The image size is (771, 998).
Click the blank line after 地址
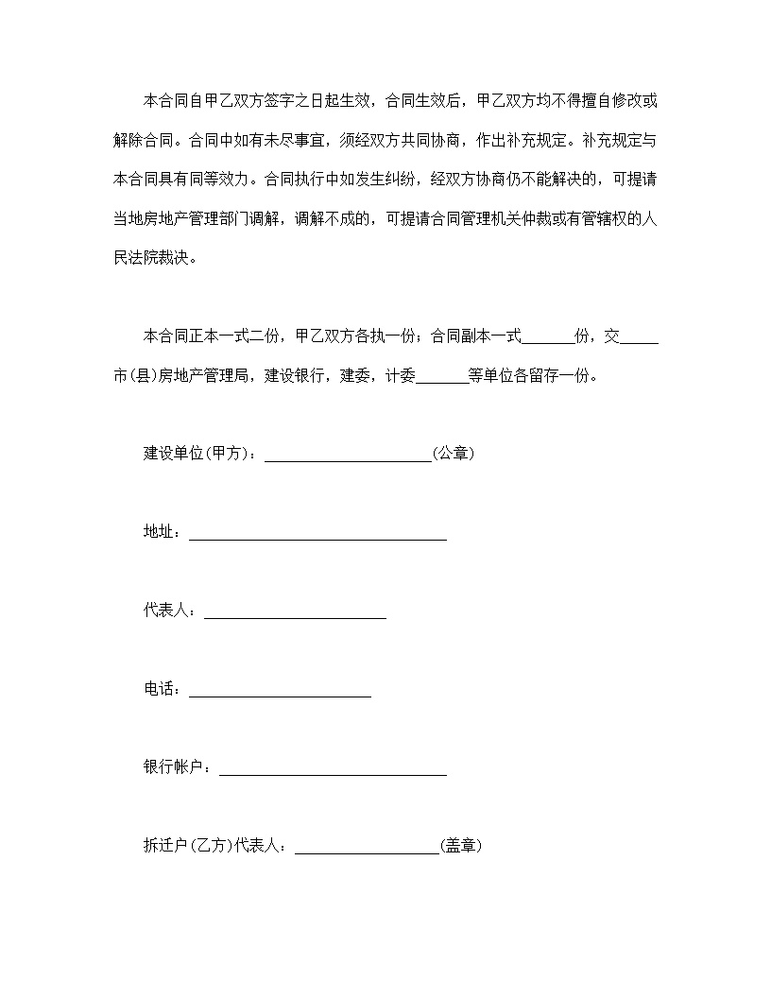click(x=317, y=534)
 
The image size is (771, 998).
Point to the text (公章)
click(x=454, y=454)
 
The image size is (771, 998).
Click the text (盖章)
click(x=462, y=847)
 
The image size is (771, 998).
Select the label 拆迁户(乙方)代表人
click(x=214, y=847)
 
